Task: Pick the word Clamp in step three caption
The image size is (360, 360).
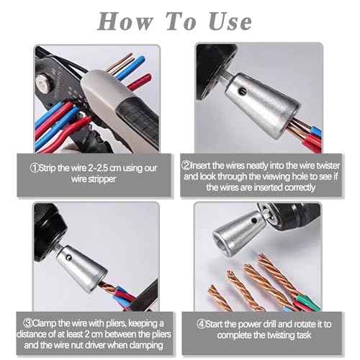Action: [51, 323]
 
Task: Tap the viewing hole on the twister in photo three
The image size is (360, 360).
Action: [68, 253]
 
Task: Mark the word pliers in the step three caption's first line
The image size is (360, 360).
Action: [121, 323]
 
